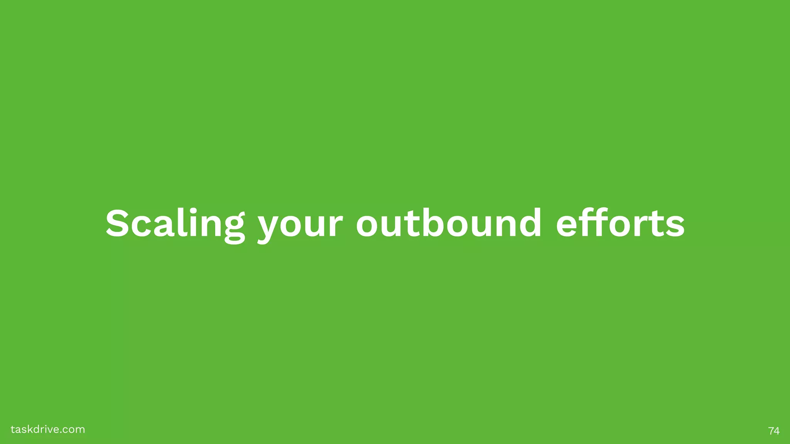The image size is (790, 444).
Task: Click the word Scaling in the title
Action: (175, 224)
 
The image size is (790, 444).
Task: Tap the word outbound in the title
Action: (449, 223)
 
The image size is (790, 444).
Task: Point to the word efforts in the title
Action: (620, 223)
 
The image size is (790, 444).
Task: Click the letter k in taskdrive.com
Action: (31, 429)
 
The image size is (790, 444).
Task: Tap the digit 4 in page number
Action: (776, 431)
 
